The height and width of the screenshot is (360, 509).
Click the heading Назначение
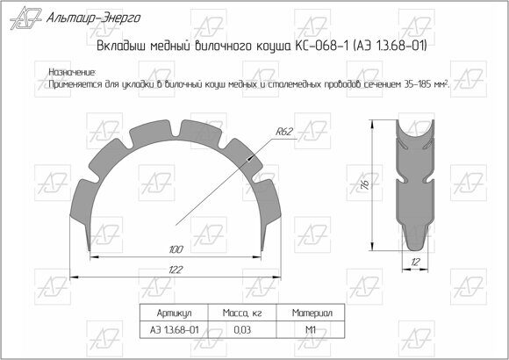tap(72, 71)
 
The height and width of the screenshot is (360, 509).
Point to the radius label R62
tap(283, 132)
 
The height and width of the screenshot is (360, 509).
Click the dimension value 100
tap(176, 250)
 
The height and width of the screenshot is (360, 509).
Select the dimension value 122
tap(176, 270)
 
